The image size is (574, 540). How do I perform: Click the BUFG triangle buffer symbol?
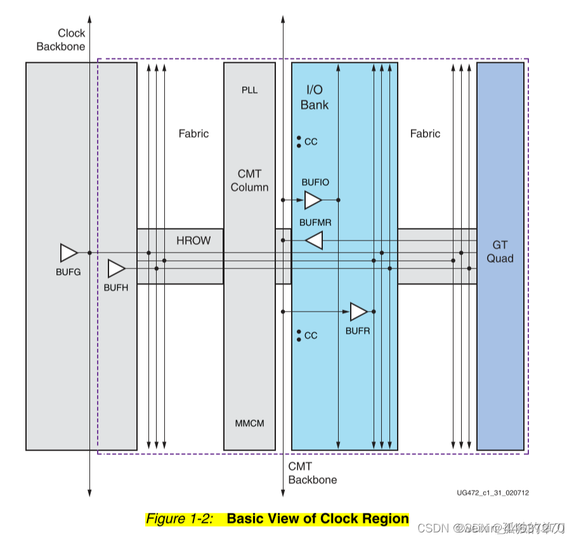click(68, 253)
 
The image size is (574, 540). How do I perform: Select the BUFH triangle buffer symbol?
click(116, 268)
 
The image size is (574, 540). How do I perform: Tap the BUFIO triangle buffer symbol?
click(313, 201)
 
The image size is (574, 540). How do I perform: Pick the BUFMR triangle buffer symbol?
click(314, 240)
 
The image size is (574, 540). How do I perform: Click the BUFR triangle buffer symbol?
click(358, 312)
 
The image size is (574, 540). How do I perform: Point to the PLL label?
click(249, 90)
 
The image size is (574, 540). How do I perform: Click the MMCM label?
click(249, 423)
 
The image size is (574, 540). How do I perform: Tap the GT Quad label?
click(500, 251)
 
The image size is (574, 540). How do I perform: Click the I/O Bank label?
click(315, 98)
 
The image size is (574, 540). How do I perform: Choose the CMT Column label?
click(249, 180)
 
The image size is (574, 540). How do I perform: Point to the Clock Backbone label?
click(61, 39)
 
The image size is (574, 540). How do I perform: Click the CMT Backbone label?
click(312, 473)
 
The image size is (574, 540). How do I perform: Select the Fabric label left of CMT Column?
click(193, 134)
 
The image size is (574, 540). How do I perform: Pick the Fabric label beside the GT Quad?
click(425, 134)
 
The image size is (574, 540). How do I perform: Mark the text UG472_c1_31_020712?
click(492, 493)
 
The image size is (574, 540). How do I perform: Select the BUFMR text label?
click(315, 223)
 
